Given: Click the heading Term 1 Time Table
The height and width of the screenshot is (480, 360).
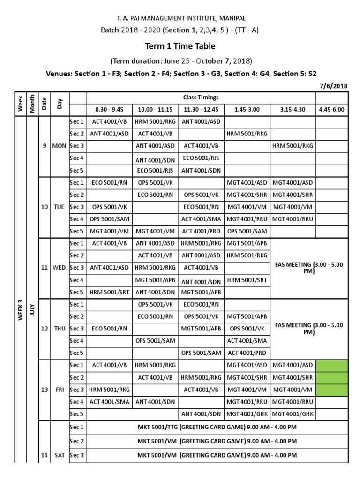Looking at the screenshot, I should (180, 46).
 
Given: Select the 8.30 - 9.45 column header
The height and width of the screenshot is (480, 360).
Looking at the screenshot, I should (109, 110).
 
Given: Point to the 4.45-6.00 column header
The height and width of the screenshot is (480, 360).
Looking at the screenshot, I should (331, 110).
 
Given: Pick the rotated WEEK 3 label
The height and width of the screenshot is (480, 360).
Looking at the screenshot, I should (21, 309).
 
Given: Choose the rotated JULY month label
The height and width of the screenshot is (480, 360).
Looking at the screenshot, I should (32, 309).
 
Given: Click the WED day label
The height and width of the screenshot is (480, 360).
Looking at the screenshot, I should (60, 268).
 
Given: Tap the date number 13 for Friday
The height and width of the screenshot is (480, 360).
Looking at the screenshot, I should (45, 390).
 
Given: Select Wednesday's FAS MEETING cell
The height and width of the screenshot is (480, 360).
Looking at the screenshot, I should (309, 268).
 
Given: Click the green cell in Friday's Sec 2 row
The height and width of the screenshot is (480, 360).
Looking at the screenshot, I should (331, 377).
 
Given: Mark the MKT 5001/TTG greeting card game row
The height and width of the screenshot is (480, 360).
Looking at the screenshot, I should (217, 427).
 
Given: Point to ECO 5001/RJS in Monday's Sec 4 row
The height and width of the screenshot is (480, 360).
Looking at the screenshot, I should (201, 157).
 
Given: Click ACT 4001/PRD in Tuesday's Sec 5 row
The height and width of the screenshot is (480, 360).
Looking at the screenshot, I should (201, 231).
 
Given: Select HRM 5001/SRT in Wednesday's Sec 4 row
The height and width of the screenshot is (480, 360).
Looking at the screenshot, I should (247, 280).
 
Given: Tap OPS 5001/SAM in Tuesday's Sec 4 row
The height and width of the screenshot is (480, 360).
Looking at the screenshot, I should (109, 219).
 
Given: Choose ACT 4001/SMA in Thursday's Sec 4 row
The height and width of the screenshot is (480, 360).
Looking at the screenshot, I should (247, 341).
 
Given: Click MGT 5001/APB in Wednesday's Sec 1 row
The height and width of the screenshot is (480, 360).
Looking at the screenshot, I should (247, 243).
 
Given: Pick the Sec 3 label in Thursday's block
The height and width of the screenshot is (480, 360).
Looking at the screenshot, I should (77, 329).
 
